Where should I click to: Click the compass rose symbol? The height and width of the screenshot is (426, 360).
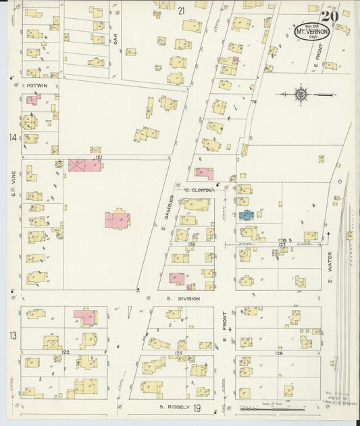pos(301,95)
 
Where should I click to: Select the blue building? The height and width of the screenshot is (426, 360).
pos(245,215)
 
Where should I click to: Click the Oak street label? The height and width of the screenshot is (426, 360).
pos(115,40)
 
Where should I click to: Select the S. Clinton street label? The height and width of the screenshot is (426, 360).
pos(200,190)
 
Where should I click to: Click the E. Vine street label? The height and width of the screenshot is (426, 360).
pos(12,179)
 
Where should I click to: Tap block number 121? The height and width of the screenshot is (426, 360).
pos(99,157)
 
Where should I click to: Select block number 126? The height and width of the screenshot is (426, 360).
pos(192,244)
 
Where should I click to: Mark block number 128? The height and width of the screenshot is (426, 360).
pos(278,353)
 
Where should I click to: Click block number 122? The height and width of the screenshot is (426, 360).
pos(66,352)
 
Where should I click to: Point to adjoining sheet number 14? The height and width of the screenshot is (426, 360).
pos(11,138)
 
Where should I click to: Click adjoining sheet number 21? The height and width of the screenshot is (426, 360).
pos(181,11)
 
